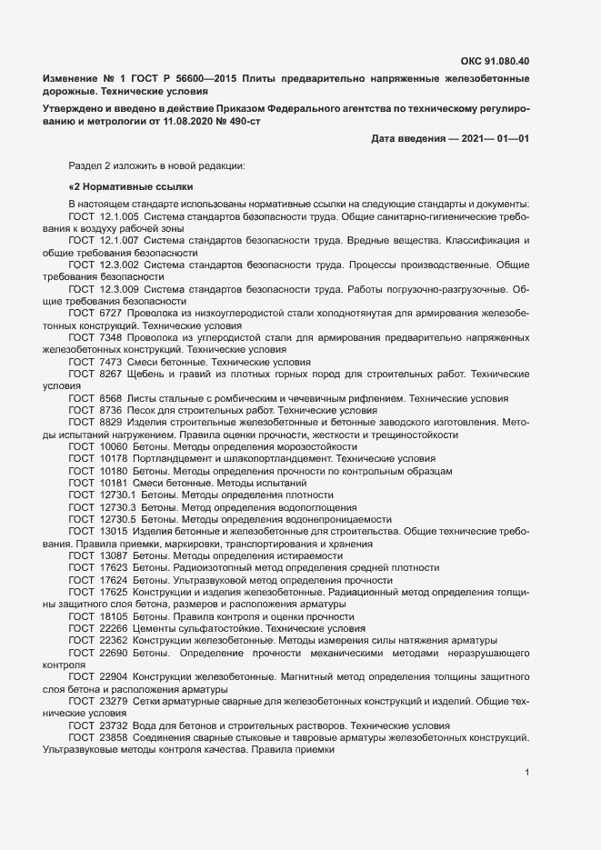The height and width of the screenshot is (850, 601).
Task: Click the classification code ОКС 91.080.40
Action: [x=496, y=62]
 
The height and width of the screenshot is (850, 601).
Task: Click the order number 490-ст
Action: [x=241, y=121]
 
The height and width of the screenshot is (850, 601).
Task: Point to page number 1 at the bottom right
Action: [x=527, y=773]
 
